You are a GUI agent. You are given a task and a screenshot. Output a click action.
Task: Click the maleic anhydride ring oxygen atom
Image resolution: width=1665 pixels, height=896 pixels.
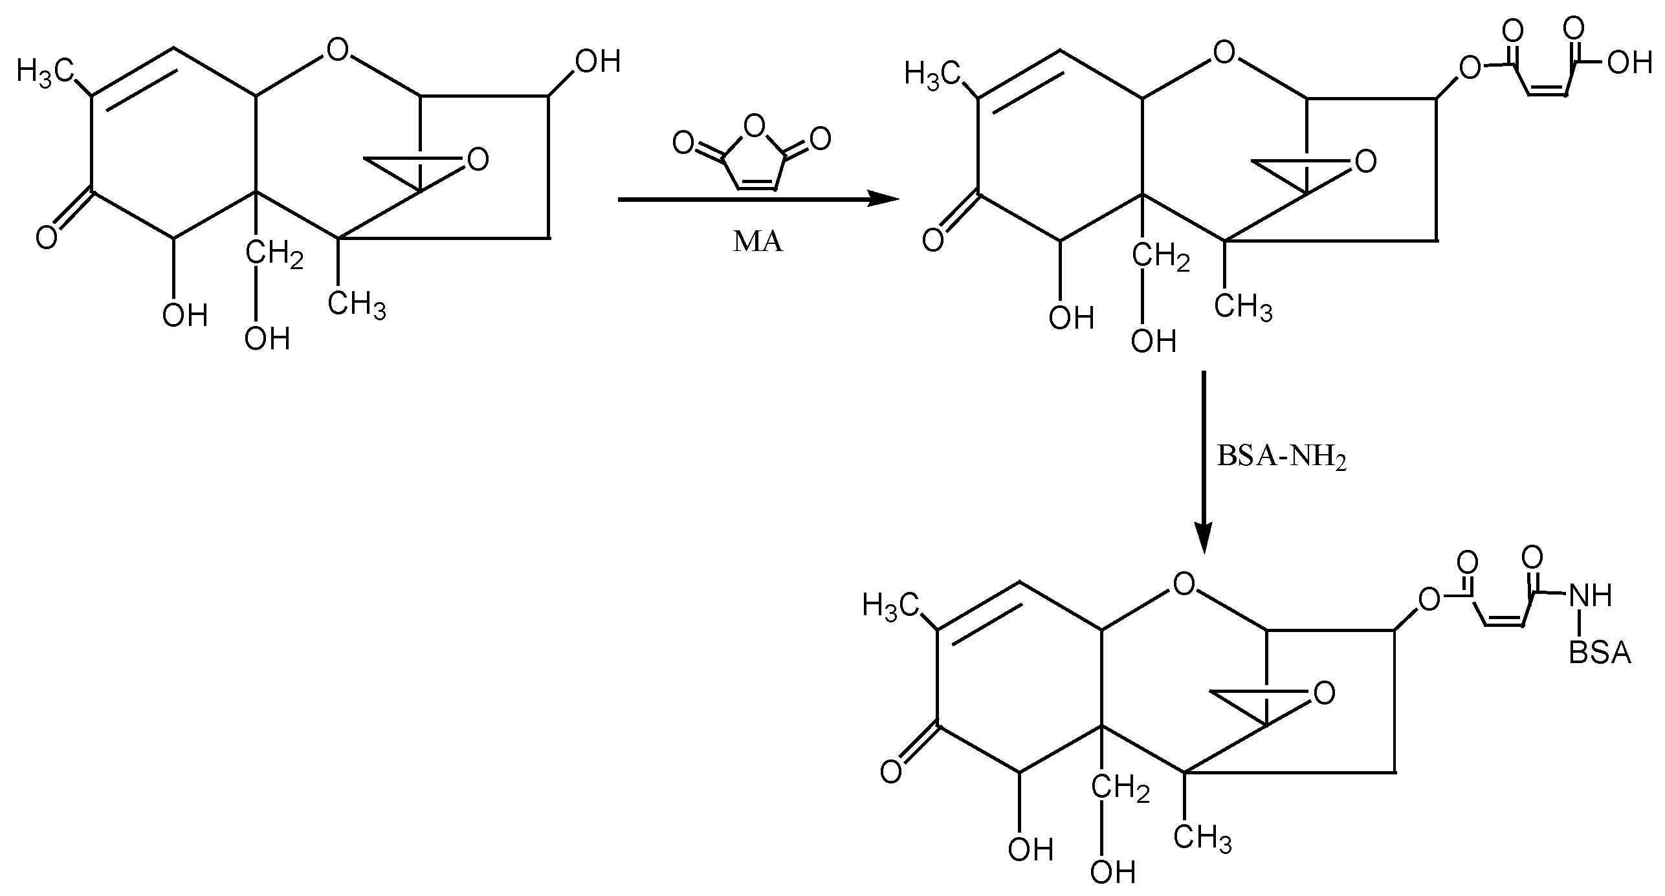coord(752,127)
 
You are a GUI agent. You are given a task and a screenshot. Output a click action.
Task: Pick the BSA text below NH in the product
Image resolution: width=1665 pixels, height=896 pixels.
coord(1599,653)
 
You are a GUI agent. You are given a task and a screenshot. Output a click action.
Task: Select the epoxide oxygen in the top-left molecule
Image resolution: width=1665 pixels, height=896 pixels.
coord(478,159)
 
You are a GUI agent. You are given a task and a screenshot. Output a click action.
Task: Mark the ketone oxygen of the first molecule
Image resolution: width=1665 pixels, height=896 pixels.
coord(47,238)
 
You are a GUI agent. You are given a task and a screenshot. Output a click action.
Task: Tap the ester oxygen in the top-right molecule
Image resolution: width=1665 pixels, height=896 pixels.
coord(1470,67)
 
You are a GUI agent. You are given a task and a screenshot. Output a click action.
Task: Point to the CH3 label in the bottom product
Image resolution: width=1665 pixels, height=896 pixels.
coord(1202,837)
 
